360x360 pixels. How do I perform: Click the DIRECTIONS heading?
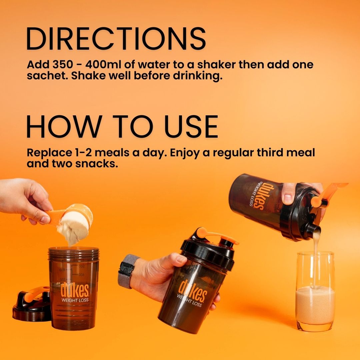(116, 39)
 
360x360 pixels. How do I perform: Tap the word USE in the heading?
(191, 127)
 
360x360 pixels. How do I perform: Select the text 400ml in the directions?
(103, 64)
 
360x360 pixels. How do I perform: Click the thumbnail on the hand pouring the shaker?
(288, 199)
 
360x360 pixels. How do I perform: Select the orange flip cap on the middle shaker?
(217, 236)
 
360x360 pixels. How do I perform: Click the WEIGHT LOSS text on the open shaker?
(75, 300)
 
